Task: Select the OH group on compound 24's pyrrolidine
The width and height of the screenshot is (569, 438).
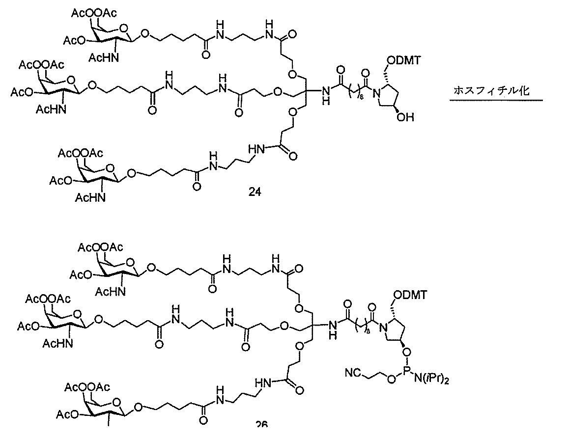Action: [x=408, y=117]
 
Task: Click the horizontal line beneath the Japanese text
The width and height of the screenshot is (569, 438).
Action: [x=496, y=100]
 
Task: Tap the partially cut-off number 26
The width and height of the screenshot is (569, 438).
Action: [x=261, y=425]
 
